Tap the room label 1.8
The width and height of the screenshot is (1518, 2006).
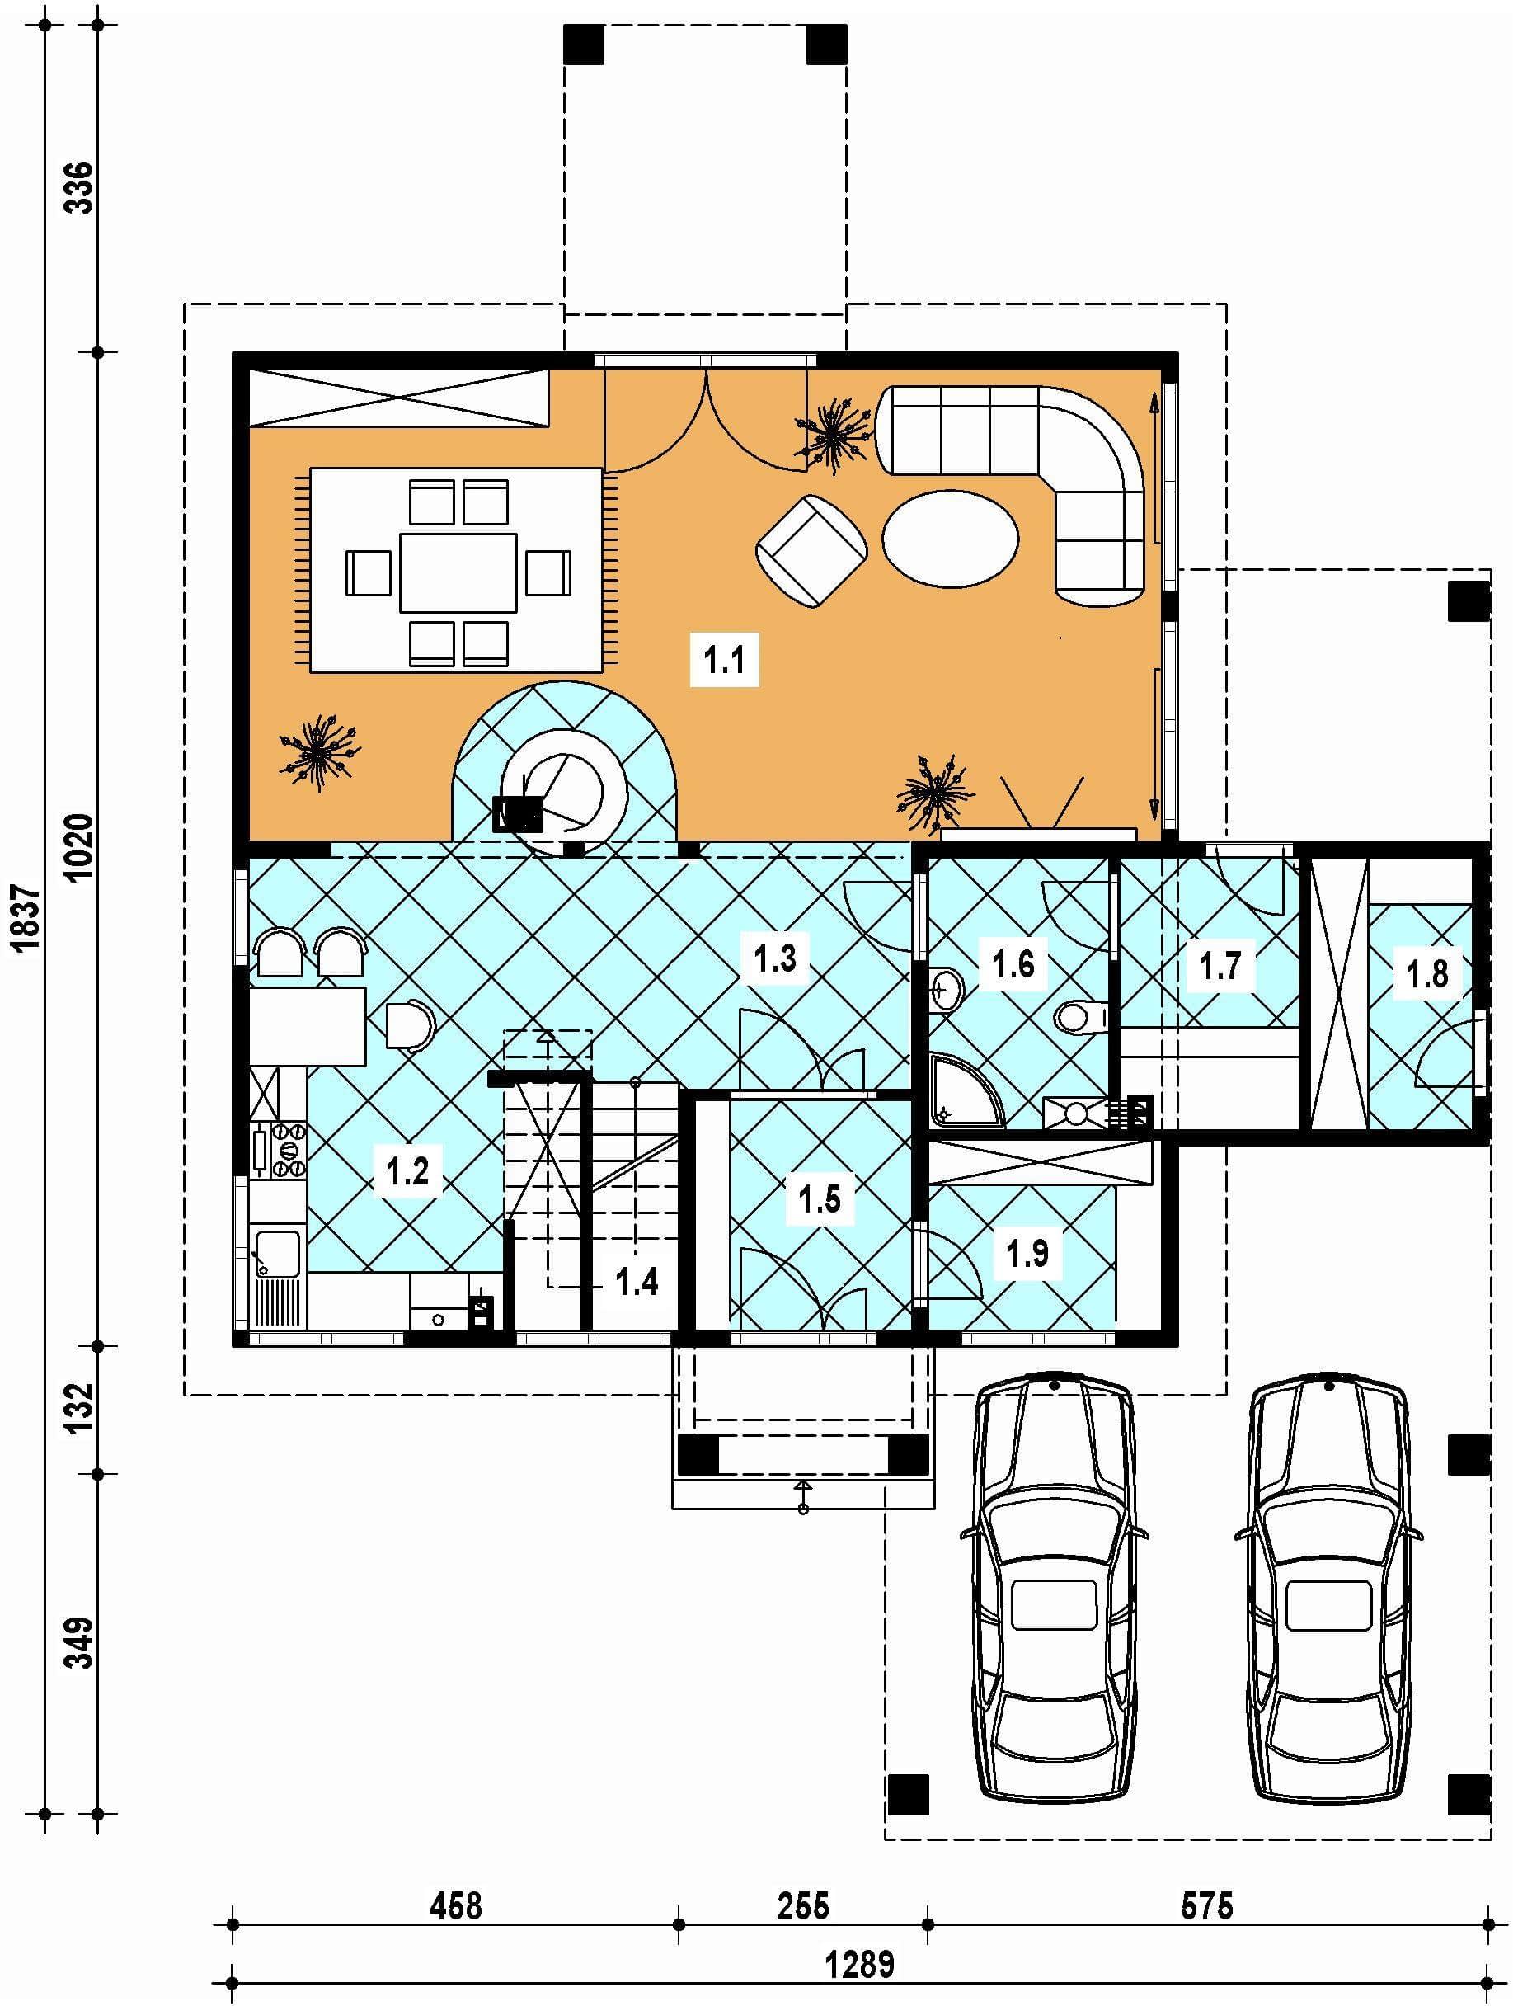pyautogui.click(x=1426, y=974)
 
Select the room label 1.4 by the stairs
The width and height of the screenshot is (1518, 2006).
pyautogui.click(x=637, y=1283)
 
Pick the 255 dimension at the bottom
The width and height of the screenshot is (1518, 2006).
pyautogui.click(x=803, y=1906)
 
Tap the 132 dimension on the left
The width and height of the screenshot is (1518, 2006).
pyautogui.click(x=80, y=1406)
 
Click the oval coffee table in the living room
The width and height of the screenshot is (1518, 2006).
pyautogui.click(x=951, y=539)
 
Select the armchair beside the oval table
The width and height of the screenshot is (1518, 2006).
pyautogui.click(x=811, y=550)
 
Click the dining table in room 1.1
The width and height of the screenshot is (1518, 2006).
pyautogui.click(x=458, y=572)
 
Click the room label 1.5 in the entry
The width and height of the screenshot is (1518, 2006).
pyautogui.click(x=819, y=1198)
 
